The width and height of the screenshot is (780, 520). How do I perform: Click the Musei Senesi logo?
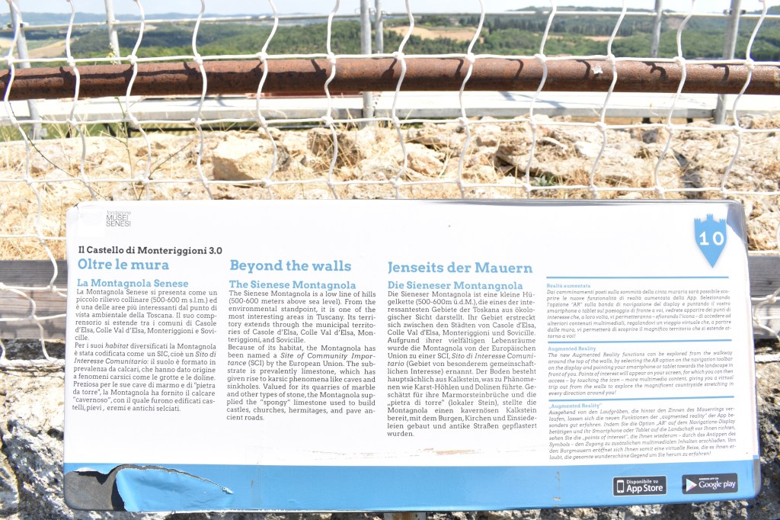pos(118,220)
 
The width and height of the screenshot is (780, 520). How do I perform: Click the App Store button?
pos(639,486)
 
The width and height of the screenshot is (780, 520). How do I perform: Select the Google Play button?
pos(709,483)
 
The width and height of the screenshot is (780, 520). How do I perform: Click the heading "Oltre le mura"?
pos(123,265)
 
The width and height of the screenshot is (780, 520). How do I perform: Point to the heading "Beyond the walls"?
pos(290,266)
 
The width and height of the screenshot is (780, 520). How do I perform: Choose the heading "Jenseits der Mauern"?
pos(459,268)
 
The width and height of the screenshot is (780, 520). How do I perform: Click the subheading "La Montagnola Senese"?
pos(133,284)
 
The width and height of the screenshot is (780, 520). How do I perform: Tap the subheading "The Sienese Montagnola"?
pos(292,285)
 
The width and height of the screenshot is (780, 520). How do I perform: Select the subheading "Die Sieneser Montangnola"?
pos(455,286)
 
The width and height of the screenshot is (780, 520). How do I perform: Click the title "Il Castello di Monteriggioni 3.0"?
pos(150,250)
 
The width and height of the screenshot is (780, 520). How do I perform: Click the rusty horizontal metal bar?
pos(381,76)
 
